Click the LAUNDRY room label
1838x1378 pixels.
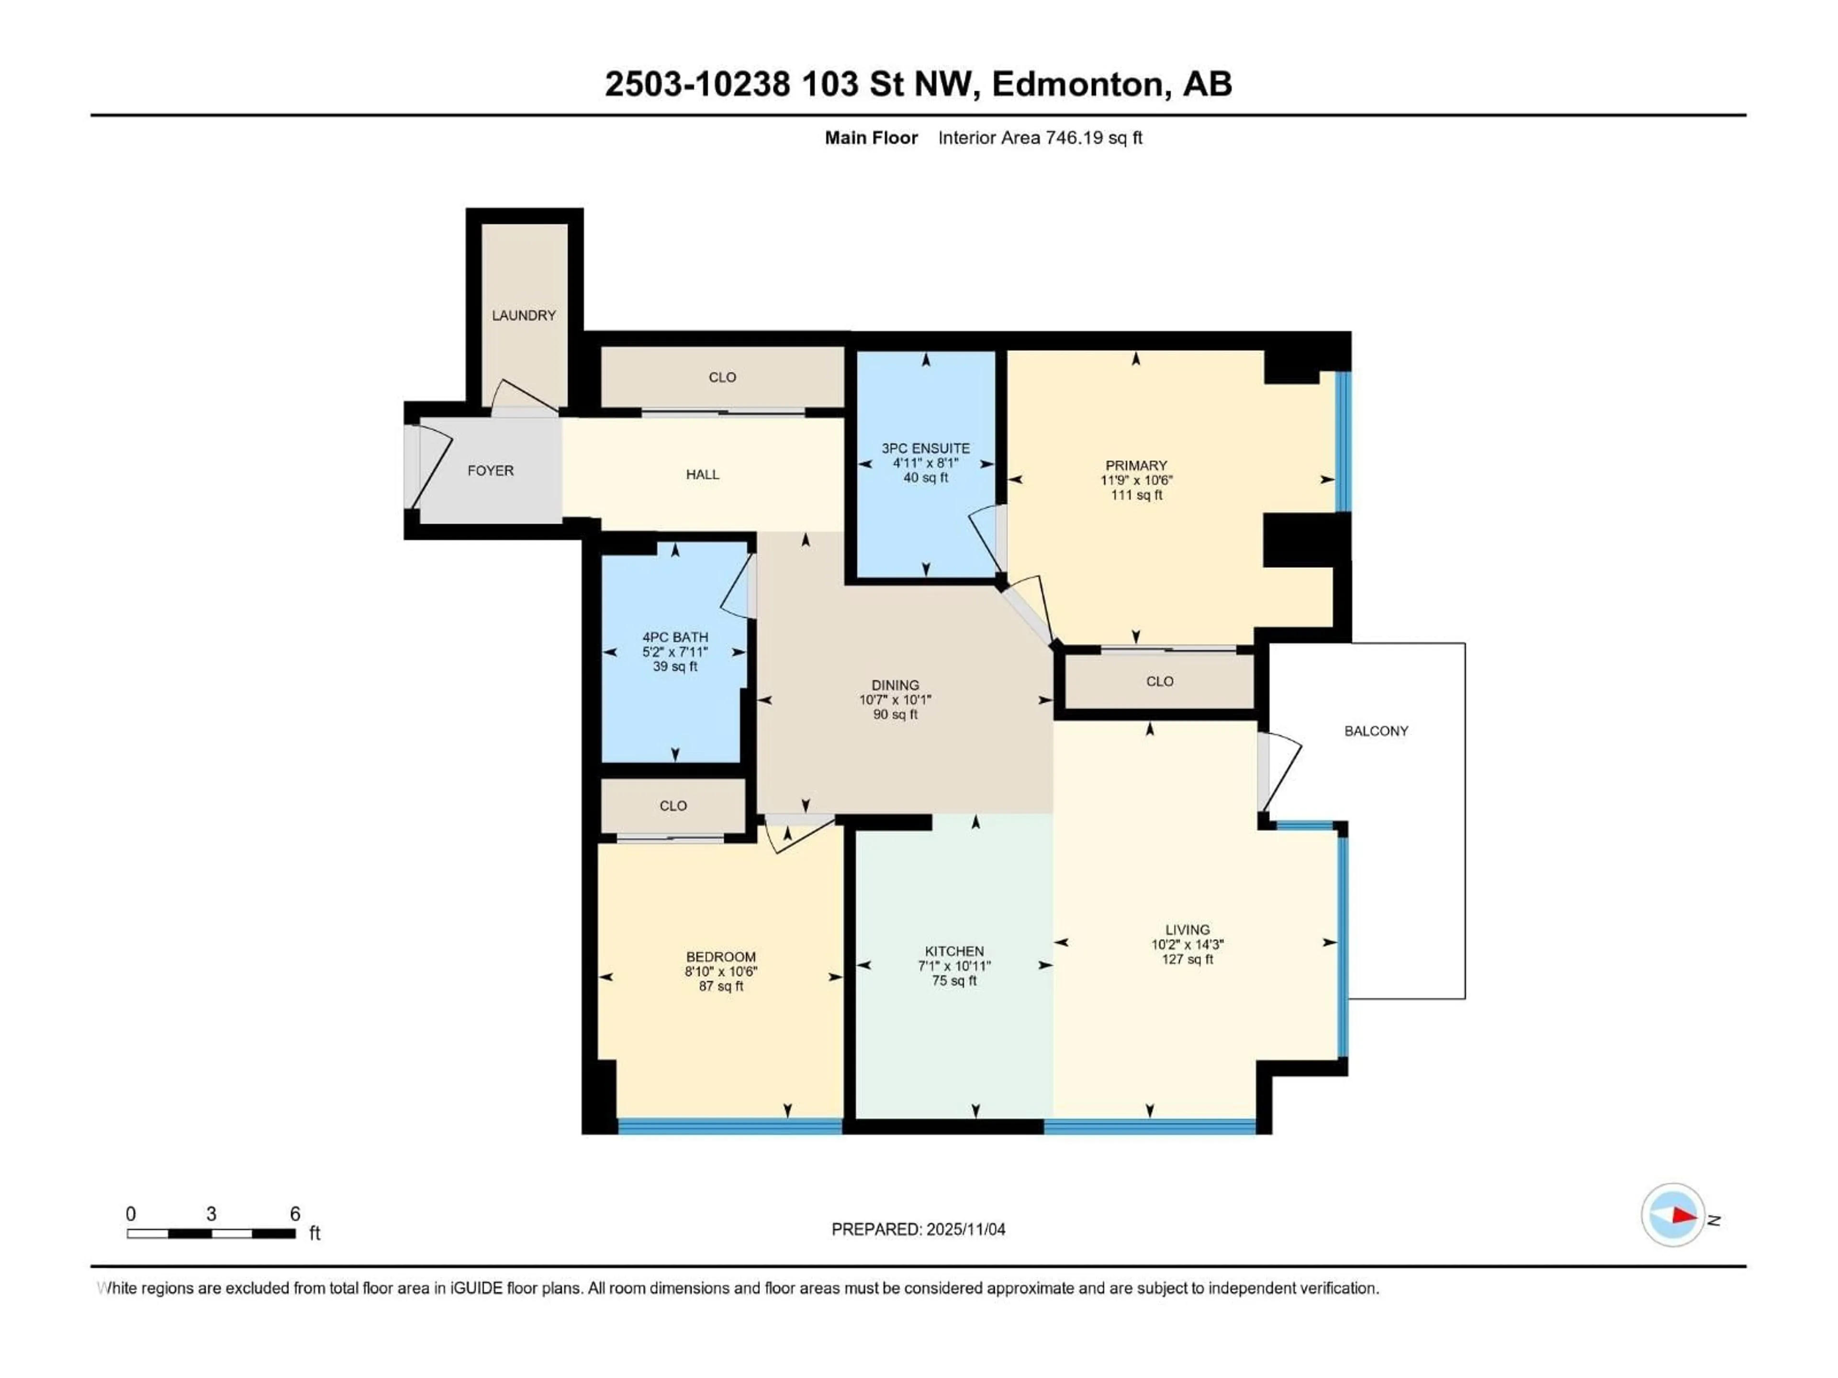(524, 316)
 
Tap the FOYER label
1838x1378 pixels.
(490, 471)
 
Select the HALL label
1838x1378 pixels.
(702, 474)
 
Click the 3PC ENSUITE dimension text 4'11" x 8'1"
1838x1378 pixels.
(926, 463)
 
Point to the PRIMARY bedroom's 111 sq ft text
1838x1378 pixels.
(1136, 495)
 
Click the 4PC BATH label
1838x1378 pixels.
(675, 637)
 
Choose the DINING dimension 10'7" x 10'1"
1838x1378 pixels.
(895, 700)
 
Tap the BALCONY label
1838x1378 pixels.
(1376, 731)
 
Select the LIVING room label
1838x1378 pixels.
(1187, 930)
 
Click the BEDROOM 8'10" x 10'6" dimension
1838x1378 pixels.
(720, 971)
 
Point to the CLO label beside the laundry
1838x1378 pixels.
(722, 377)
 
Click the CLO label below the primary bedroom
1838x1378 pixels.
(1159, 681)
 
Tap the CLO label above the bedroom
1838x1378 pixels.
(673, 806)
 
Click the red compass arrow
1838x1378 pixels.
(1683, 1216)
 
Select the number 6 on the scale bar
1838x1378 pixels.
(295, 1213)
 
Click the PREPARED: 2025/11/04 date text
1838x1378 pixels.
(918, 1229)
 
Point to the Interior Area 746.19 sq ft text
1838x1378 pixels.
(1040, 138)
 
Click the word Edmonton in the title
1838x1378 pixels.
(1077, 84)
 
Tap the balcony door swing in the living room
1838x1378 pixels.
(1279, 772)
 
